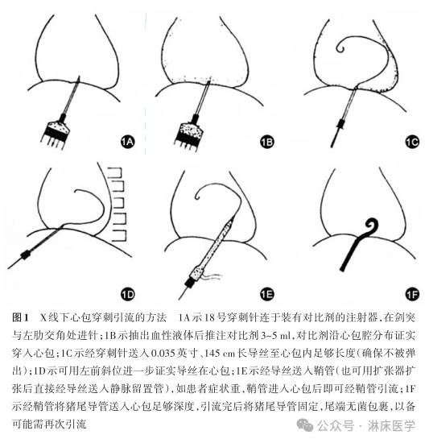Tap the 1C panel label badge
click(x=411, y=143)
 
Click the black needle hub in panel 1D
click(x=27, y=255)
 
